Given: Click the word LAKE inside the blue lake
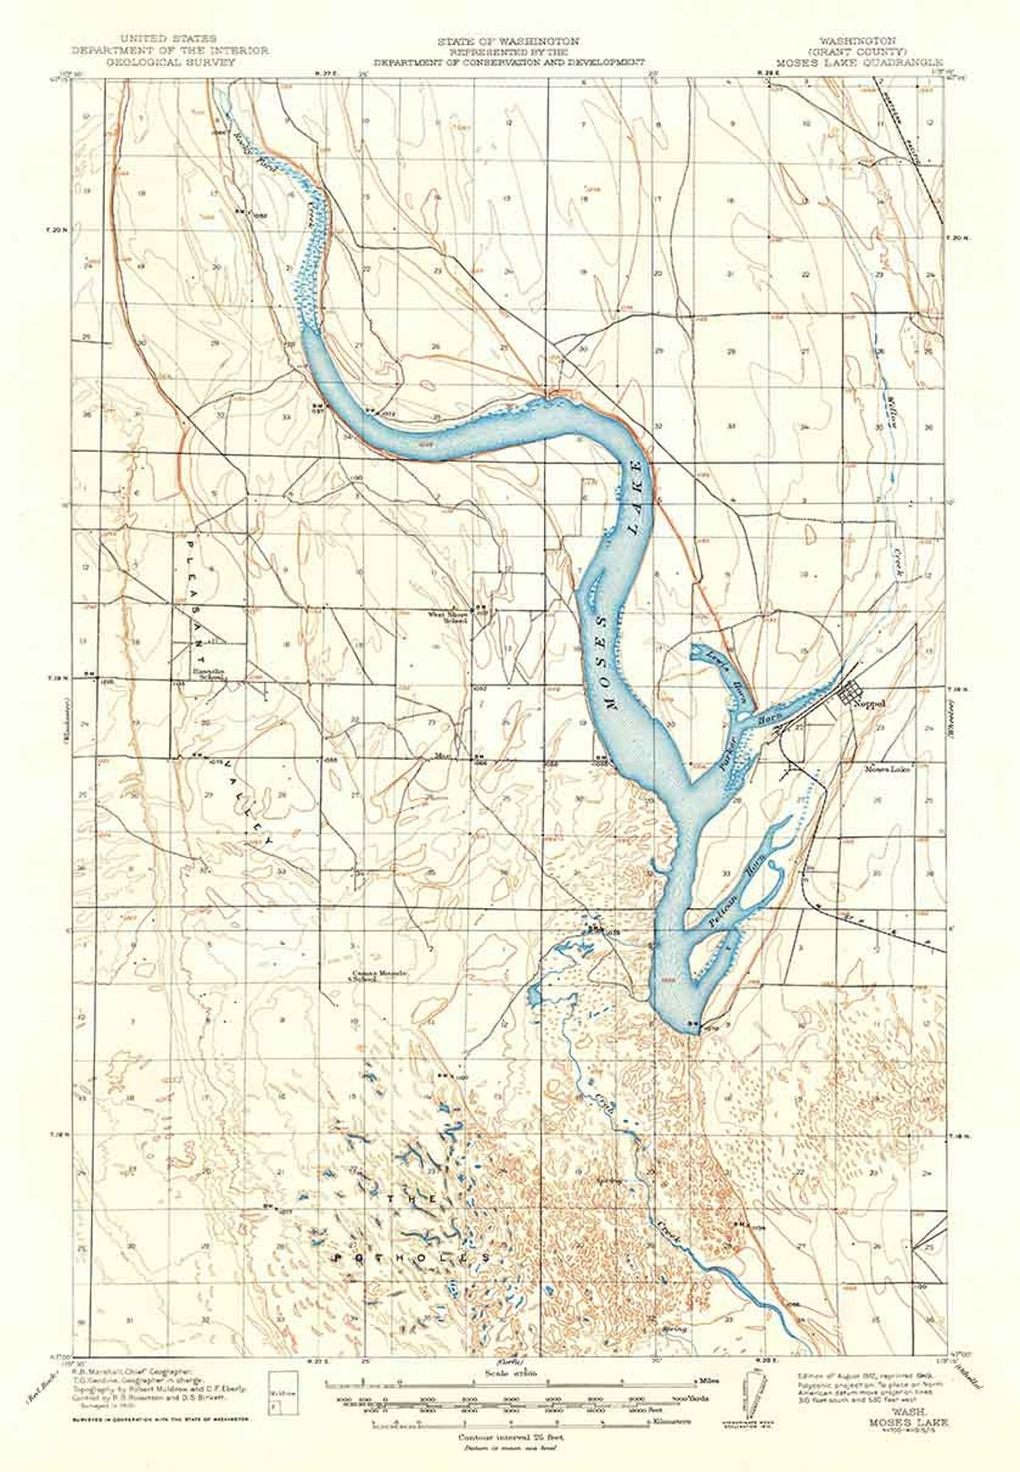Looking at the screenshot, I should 636,498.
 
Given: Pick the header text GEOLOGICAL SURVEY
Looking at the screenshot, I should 170,64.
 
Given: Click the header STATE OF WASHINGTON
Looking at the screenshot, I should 508,42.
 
